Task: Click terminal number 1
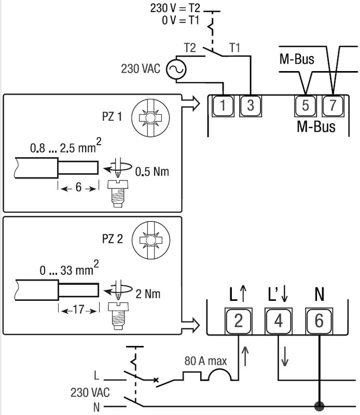point(223,106)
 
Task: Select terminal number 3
point(250,106)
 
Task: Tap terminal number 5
point(305,106)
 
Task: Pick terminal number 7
point(333,106)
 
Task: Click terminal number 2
point(238,321)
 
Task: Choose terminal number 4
point(279,321)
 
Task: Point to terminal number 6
point(319,321)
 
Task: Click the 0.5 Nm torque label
point(151,171)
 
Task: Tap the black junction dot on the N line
point(319,405)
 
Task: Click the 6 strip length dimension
point(78,187)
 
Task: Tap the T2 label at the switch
point(190,48)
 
